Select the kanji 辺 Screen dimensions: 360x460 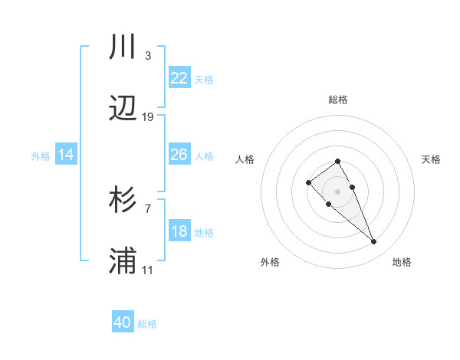(123, 110)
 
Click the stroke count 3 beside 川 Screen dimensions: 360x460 (147, 56)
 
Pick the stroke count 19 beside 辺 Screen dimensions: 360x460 (148, 117)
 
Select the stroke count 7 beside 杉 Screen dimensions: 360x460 (147, 208)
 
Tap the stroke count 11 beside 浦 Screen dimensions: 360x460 (148, 270)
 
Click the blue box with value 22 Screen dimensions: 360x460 (179, 78)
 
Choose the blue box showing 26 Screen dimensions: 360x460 (179, 155)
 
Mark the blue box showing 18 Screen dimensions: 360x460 (179, 231)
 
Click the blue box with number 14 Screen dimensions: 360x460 (66, 155)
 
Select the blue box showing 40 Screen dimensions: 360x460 (123, 322)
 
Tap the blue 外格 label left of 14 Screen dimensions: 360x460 (41, 155)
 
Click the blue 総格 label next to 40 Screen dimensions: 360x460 (147, 324)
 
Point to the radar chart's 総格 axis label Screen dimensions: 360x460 (337, 100)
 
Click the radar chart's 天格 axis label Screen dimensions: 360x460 (432, 159)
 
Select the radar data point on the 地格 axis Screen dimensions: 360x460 (374, 242)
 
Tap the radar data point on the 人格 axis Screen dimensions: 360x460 (308, 182)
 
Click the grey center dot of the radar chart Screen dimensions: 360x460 (337, 191)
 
